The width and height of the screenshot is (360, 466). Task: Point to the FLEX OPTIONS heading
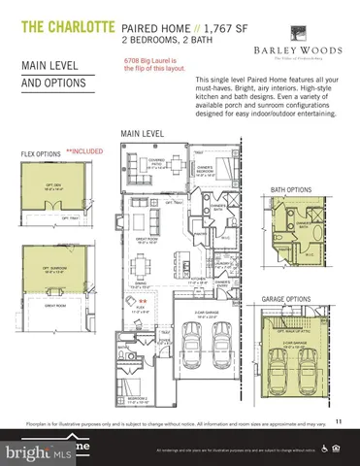point(42,153)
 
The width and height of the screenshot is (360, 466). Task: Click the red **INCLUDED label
point(85,151)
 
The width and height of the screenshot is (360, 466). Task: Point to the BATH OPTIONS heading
point(292,163)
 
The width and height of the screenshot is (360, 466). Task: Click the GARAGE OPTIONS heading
point(286,299)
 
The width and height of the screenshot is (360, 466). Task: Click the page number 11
point(338,420)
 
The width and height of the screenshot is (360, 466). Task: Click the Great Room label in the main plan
point(148,238)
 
